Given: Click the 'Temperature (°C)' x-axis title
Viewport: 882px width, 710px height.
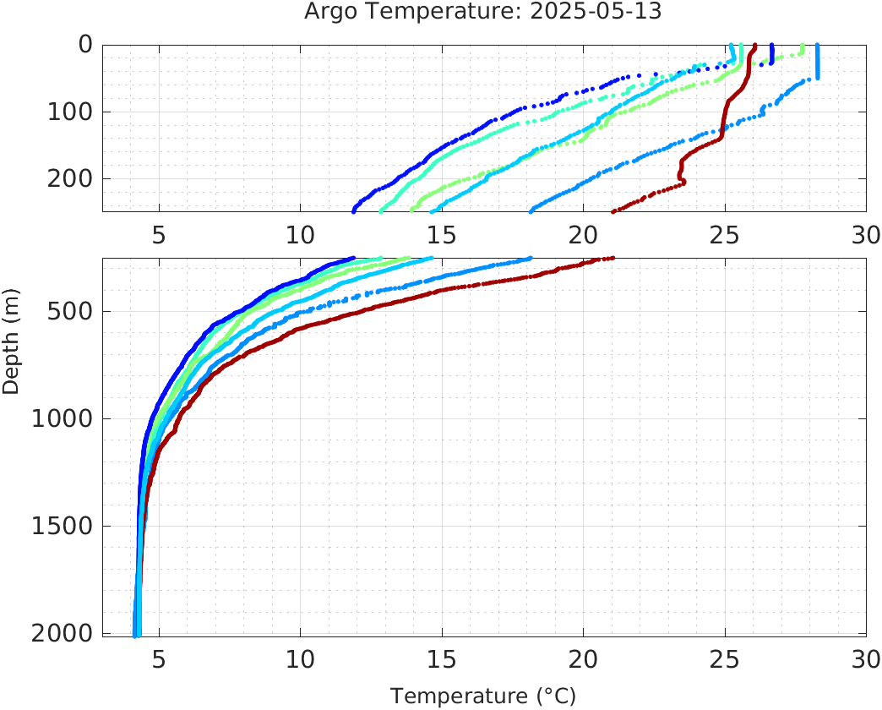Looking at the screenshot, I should (483, 696).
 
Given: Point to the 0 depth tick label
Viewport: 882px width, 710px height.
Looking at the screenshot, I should (85, 44).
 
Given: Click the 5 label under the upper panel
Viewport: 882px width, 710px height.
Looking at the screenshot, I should (159, 234).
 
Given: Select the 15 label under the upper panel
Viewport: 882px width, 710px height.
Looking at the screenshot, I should (442, 234).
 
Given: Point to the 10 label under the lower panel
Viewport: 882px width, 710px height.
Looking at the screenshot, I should (300, 659).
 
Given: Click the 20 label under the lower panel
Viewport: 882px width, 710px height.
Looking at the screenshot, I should (583, 659).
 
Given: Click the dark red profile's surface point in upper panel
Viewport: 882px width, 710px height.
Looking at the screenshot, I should (754, 46).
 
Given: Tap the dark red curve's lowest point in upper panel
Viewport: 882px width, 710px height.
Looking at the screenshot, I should (613, 210).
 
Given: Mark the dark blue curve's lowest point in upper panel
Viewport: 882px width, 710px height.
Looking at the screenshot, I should (353, 210).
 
